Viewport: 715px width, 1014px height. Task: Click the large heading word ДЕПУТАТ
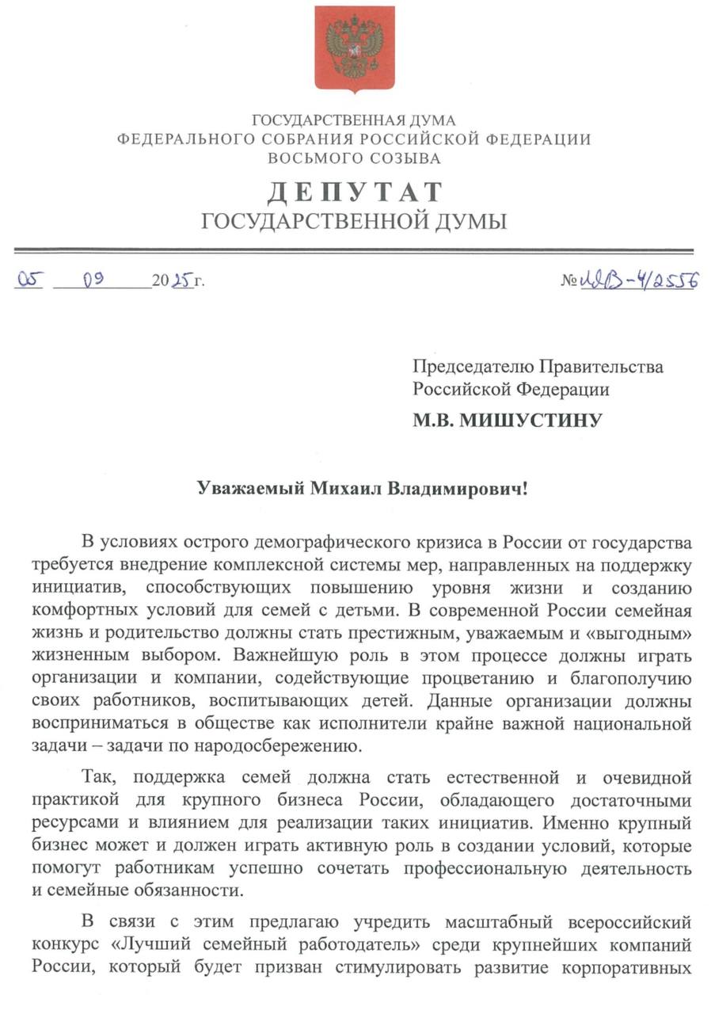[354, 192]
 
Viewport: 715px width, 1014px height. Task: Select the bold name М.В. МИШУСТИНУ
[507, 420]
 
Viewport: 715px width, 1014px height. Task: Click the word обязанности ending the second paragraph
[172, 890]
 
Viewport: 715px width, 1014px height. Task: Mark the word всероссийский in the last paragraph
[631, 922]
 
